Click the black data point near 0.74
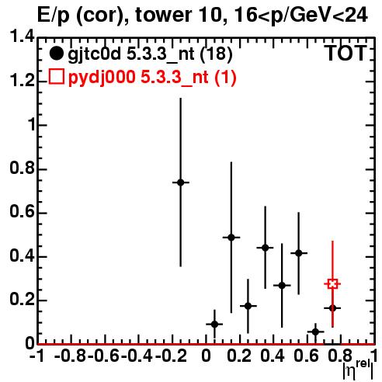[181, 182]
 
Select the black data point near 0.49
[231, 238]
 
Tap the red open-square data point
[332, 284]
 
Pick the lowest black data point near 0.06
[315, 332]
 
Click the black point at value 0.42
[299, 253]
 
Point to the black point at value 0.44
[265, 248]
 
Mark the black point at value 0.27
[282, 286]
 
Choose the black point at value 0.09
[214, 324]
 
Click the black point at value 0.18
[248, 306]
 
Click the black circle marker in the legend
[56, 54]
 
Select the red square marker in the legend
[56, 77]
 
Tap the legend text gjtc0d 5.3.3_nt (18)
[150, 54]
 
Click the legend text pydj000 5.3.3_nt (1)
[152, 77]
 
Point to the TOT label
[346, 53]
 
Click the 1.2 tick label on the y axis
[22, 81]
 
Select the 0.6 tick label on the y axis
[22, 212]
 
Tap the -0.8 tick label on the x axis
[70, 356]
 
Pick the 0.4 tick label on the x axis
[273, 356]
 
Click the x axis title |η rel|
[358, 370]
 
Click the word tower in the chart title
[163, 15]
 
